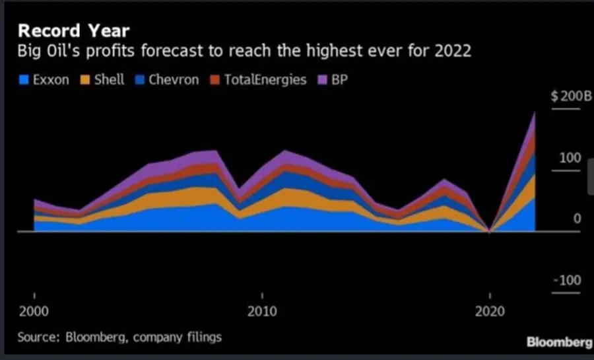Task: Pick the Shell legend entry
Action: [103, 80]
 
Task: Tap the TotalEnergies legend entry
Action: [258, 80]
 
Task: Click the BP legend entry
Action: [338, 80]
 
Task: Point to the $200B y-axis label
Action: [572, 96]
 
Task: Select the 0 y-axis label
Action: [576, 219]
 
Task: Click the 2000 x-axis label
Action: [34, 310]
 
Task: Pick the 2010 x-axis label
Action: [262, 310]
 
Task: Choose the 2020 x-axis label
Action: [489, 310]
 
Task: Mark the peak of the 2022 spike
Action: [535, 112]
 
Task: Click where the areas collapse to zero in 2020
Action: [489, 232]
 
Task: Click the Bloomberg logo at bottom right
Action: [558, 342]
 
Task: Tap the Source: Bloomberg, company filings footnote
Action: [119, 337]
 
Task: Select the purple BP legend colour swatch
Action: [321, 80]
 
